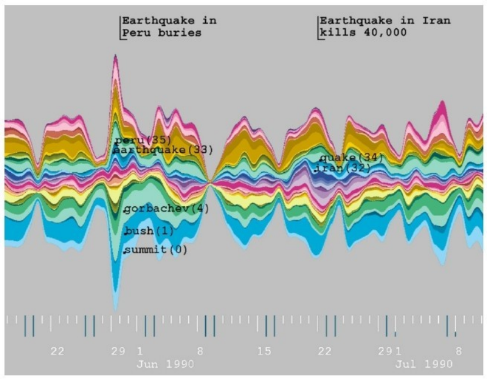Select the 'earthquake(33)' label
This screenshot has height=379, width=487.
[162, 150]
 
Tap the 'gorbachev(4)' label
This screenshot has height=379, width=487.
[166, 209]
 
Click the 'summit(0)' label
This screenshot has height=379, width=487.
[156, 250]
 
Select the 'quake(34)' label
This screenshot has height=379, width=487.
[351, 158]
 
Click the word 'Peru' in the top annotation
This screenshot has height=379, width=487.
[136, 33]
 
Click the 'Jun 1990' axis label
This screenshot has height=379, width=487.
[165, 364]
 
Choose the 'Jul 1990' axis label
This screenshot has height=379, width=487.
[423, 364]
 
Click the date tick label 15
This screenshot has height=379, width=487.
[264, 351]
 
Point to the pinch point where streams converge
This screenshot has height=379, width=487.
[210, 183]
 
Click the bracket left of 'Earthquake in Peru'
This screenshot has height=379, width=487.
[120, 27]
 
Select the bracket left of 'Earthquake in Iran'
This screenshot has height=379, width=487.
[318, 27]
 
